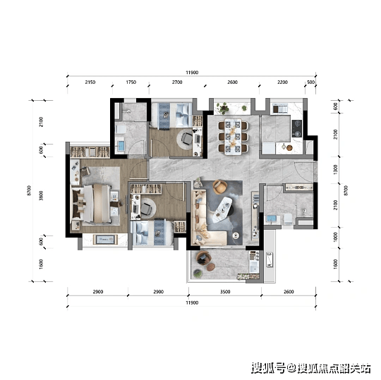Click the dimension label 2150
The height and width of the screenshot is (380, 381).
90,82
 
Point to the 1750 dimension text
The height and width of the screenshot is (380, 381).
131,82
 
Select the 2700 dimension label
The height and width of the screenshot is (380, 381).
177,82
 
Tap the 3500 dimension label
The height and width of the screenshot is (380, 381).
225,292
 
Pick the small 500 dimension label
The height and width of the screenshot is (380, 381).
310,82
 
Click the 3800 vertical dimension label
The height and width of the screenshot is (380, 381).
41,196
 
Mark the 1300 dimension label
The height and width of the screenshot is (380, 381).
336,169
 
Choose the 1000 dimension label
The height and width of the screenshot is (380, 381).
336,237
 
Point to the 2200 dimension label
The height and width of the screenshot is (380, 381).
282,82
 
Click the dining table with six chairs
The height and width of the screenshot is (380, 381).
233,137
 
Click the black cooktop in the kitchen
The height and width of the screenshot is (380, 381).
296,128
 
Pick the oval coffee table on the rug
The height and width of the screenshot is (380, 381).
222,209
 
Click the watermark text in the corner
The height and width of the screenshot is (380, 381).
311,368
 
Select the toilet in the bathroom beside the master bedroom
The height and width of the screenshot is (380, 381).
121,130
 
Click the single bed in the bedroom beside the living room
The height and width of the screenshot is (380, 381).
152,233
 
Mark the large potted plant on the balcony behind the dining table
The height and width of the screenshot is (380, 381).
223,108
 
